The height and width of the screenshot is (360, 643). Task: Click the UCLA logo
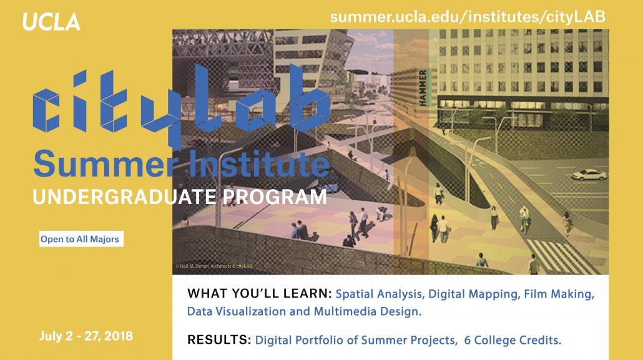coord(51,22)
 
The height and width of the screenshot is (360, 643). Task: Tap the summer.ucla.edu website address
coord(468,17)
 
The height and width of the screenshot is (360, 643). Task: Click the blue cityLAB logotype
coord(181,103)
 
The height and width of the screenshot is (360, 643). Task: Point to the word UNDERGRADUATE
coord(124,197)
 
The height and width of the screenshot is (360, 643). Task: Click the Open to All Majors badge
coord(80,239)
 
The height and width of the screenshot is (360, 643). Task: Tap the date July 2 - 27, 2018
coord(86,336)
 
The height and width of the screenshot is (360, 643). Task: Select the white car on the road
coord(589,174)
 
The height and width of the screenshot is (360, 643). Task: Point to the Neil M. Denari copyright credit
coord(214,266)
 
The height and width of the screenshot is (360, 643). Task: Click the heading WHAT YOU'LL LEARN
coord(259,293)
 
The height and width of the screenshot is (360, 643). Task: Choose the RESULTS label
coord(218,341)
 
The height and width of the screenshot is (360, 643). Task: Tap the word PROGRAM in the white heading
coord(275,197)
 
